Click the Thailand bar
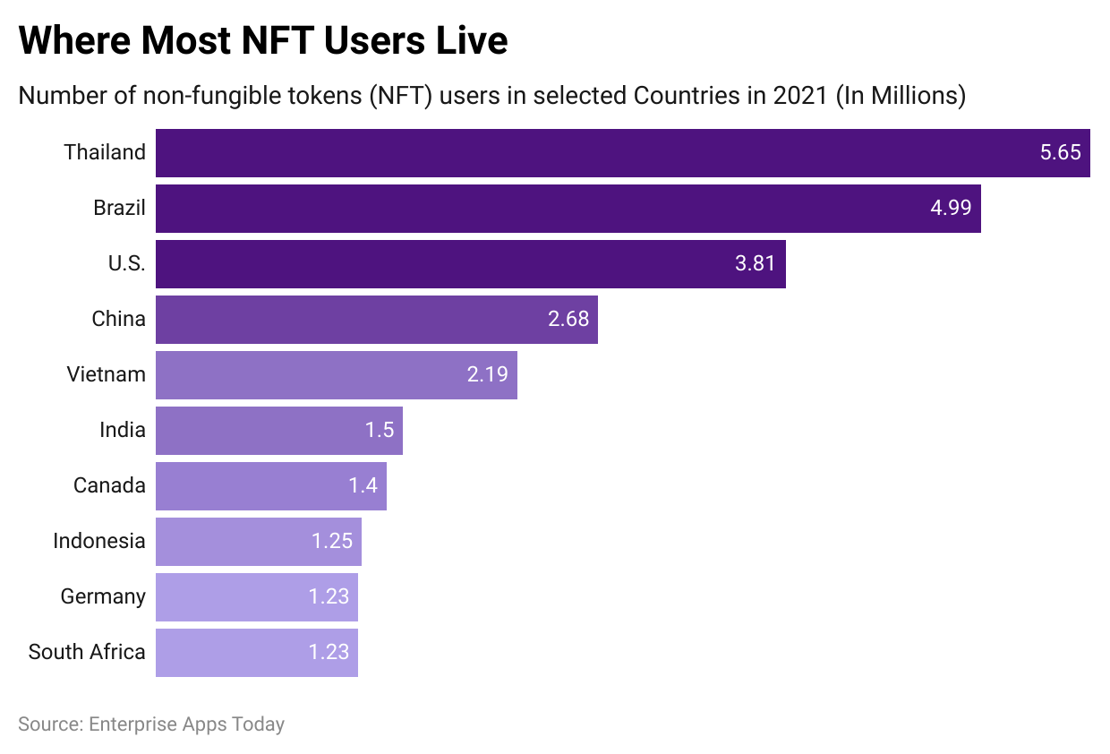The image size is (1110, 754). click(622, 153)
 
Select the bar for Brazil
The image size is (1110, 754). click(568, 209)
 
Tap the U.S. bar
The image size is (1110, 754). click(470, 264)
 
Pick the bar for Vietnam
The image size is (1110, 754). click(336, 375)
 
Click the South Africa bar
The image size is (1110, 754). click(256, 653)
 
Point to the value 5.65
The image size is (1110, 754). click(1060, 153)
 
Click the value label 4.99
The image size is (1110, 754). click(951, 209)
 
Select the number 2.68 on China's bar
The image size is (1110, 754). click(568, 320)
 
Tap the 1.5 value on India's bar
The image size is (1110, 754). click(380, 431)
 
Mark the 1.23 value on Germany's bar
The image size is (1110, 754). click(329, 597)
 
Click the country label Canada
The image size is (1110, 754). click(109, 486)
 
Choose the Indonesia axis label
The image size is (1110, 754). click(98, 542)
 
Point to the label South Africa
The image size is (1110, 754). click(87, 653)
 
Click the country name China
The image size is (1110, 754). click(118, 320)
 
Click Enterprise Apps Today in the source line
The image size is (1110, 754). click(186, 724)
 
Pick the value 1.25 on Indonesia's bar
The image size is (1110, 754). click(331, 542)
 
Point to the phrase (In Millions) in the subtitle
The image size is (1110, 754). click(901, 96)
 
